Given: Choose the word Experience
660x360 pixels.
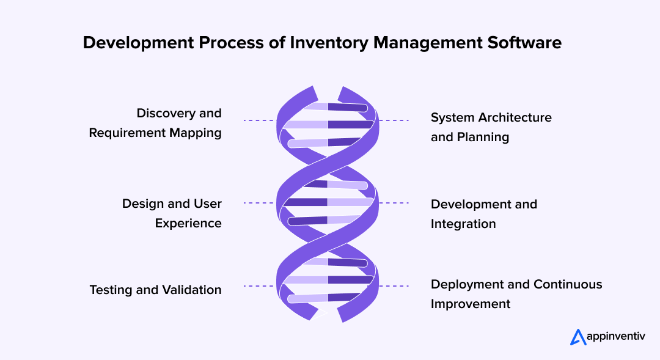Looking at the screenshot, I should [x=188, y=223].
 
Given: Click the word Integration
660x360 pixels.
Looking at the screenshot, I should [x=463, y=224].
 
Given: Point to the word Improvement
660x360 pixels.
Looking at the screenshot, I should [x=471, y=304].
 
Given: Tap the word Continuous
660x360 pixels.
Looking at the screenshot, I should [x=568, y=284].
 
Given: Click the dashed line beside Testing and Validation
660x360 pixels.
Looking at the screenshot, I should [x=258, y=286].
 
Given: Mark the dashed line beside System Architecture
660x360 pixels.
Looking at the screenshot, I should [x=394, y=120].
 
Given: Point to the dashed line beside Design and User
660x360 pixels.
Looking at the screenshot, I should [x=258, y=203].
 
